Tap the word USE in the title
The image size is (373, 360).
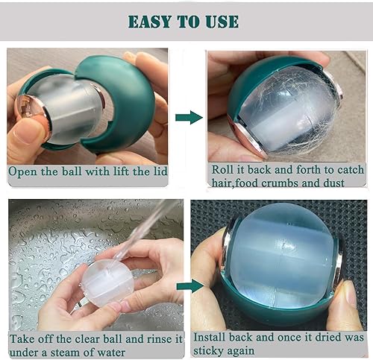pos(222,21)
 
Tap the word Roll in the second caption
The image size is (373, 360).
pos(225,169)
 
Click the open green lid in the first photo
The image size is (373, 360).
pos(123,97)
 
